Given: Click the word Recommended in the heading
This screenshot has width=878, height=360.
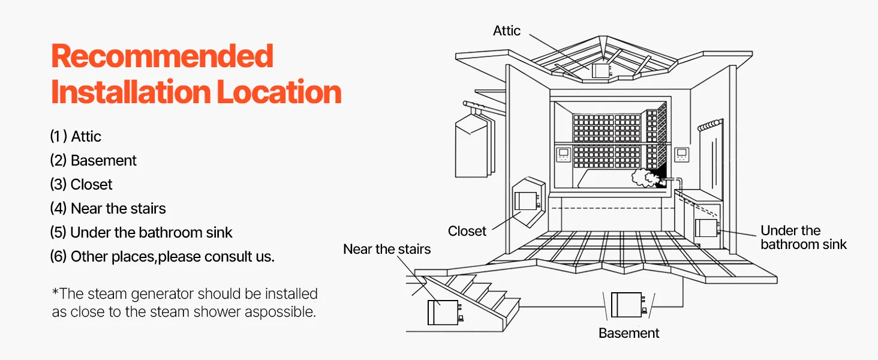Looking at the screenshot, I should pos(162,56).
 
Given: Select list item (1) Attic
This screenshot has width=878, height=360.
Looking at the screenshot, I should pos(76,137).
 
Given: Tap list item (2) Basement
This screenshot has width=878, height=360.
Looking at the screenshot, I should pos(93,161).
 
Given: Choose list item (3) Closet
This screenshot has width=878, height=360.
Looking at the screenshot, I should pos(81,185).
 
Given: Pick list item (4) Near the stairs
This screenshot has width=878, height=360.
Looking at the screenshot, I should pos(108,209).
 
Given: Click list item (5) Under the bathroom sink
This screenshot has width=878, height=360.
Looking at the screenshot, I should pos(141,233).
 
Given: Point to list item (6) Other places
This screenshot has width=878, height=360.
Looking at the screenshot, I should pos(162,257).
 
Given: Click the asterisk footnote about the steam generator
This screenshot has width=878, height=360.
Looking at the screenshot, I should pos(184,303).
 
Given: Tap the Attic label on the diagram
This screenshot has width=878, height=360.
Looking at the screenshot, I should pos(507,31).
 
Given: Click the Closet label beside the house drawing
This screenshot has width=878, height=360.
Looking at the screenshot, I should pos(467,231).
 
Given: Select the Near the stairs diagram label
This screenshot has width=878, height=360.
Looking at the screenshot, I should pos(387,249).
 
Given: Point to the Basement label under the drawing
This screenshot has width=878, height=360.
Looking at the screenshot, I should pos(629,333).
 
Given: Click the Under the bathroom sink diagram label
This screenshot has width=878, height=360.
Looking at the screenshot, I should pos(803,238).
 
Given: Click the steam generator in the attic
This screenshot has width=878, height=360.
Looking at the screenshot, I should pos(600,71).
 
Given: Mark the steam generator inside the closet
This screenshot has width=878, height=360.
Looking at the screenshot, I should pos(526,200).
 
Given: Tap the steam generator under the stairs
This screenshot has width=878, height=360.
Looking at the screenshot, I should pos(443,312).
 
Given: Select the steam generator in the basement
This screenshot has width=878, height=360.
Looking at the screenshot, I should pos(627,304).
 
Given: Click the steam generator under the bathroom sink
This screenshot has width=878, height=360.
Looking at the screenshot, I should pos(706,229).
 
